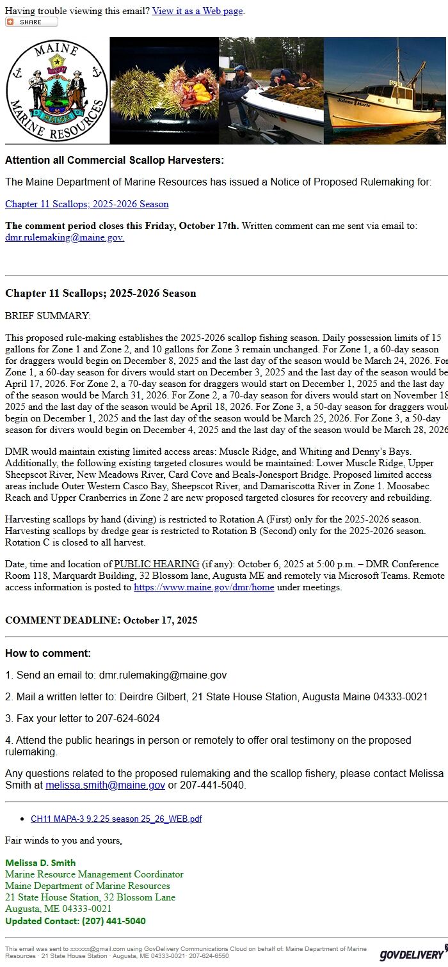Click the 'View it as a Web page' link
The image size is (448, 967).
point(198,11)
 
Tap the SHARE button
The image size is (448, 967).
point(31,22)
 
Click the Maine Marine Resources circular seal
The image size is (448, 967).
point(57,90)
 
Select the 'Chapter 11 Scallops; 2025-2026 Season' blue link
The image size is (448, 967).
point(87,204)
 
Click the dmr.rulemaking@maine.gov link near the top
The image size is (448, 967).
point(65,237)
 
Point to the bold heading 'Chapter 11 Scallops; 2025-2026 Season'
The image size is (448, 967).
point(100,294)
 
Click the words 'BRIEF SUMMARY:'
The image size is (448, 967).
point(48,316)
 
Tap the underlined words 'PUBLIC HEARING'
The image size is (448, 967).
point(157,564)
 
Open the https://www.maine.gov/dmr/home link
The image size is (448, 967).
point(204,587)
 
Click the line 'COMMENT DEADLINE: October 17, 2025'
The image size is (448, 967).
point(101,620)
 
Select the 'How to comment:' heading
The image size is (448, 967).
point(48,653)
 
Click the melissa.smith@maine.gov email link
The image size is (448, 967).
point(105,785)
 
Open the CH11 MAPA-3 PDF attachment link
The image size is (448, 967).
point(116,819)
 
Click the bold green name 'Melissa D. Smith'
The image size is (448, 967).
point(40,863)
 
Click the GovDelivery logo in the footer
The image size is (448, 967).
point(412,954)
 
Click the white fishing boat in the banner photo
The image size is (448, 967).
point(378,102)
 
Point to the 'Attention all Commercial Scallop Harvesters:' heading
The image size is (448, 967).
point(115,161)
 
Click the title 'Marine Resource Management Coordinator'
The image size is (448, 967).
point(94,874)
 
